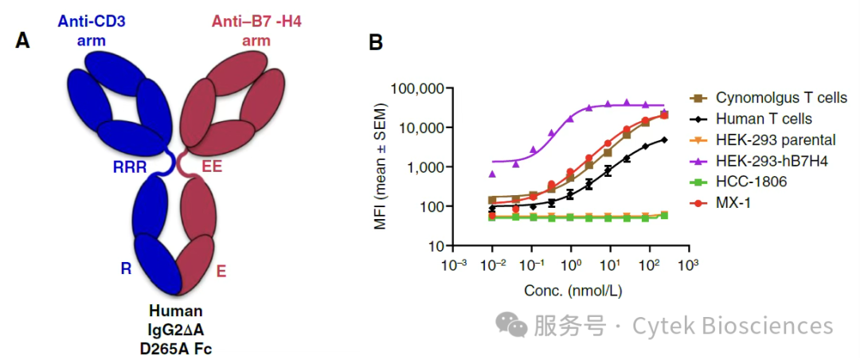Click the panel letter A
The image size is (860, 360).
click(23, 41)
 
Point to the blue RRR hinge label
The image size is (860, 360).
click(131, 166)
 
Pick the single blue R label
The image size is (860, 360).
click(126, 269)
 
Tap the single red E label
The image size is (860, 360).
click(221, 271)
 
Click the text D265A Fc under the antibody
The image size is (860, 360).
click(176, 346)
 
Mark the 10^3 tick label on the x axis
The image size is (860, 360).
click(688, 265)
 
